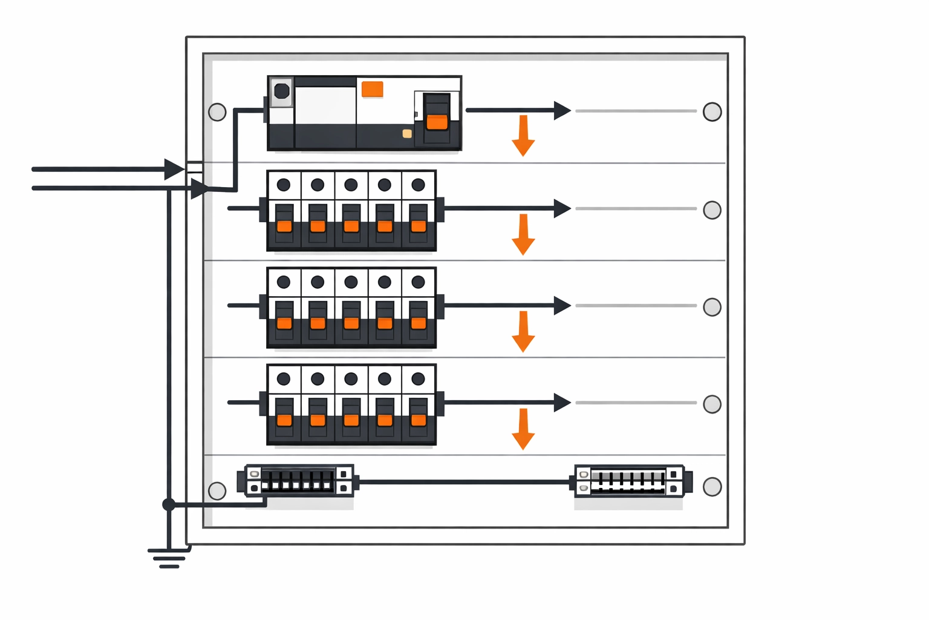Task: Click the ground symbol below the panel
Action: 169,558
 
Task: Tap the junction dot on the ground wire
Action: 169,504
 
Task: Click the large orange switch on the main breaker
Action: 437,122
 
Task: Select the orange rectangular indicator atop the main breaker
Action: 372,89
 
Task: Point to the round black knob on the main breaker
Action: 282,91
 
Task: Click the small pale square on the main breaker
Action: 407,133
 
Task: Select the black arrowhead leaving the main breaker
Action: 562,111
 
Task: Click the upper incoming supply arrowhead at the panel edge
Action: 174,170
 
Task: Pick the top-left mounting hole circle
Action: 217,112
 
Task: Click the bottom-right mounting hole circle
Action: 712,487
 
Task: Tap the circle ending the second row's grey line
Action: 712,210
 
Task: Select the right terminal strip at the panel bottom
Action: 629,481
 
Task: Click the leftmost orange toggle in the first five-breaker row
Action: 284,226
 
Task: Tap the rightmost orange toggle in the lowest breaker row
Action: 419,420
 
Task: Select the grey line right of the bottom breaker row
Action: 635,403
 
